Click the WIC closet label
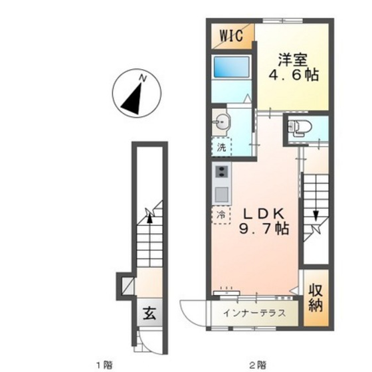tap(231, 35)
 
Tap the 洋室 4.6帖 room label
tap(293, 67)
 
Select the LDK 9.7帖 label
tap(264, 222)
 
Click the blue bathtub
tap(231, 67)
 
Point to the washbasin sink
tap(221, 122)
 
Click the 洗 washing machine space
tap(221, 147)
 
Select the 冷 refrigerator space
tap(221, 215)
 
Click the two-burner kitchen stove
tap(221, 171)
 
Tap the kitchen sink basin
tap(222, 193)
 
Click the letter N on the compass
tap(142, 78)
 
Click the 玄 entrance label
tap(149, 313)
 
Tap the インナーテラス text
tap(254, 313)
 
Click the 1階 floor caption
tap(104, 364)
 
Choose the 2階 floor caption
tap(257, 364)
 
